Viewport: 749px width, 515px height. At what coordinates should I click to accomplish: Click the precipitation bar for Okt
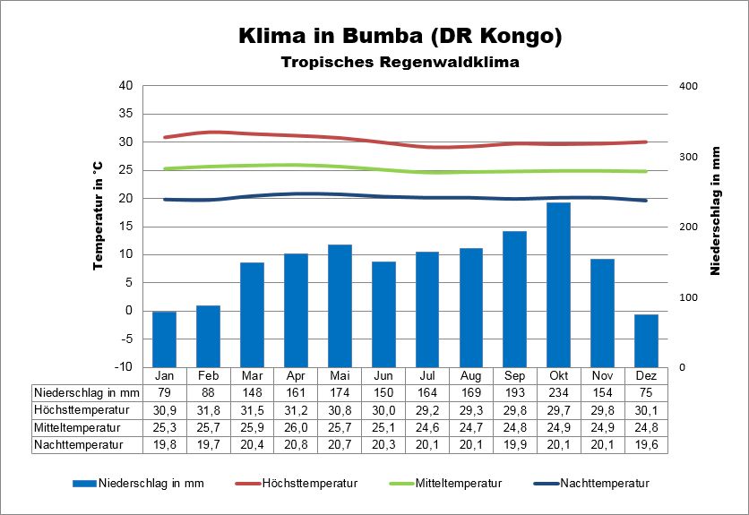(x=559, y=284)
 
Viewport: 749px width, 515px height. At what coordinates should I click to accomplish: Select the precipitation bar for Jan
(x=164, y=339)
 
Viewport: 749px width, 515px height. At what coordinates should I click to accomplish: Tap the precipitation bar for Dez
(x=646, y=340)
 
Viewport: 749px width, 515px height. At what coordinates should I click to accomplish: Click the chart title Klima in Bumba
(x=400, y=37)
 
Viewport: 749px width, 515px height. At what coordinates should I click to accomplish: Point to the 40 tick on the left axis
(x=125, y=86)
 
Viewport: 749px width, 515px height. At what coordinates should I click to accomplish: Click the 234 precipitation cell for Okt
(x=559, y=391)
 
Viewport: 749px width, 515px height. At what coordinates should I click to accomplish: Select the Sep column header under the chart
(x=514, y=374)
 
